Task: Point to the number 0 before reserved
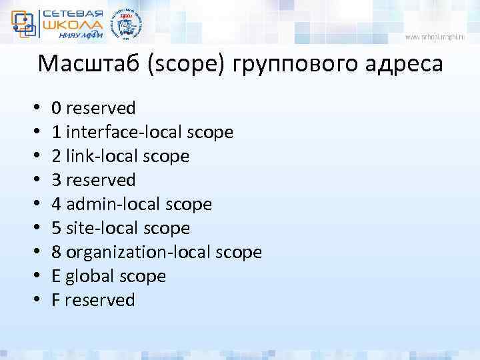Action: tap(57, 108)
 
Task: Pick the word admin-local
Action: tap(112, 204)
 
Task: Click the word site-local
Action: tap(101, 228)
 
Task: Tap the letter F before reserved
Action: tap(56, 300)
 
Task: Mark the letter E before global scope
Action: tap(56, 276)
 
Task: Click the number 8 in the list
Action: tap(57, 252)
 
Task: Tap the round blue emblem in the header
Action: tap(126, 26)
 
